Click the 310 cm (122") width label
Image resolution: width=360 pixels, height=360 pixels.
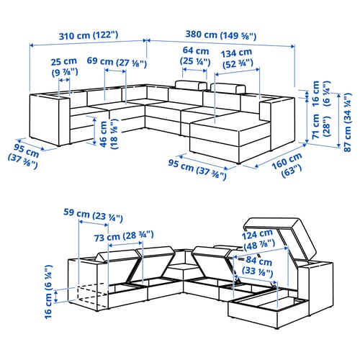(89, 35)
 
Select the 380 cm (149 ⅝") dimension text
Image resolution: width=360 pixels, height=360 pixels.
(221, 35)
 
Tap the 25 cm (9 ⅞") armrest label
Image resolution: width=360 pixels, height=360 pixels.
(64, 67)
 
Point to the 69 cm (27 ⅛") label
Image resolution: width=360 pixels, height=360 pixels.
(117, 62)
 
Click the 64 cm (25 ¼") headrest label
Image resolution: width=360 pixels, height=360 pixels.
(195, 56)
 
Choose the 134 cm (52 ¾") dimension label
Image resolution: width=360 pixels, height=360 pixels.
(237, 58)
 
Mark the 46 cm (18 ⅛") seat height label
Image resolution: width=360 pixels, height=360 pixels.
(109, 134)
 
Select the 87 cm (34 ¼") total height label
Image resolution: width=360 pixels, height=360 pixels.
(348, 122)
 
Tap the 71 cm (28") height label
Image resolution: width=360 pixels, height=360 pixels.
(321, 126)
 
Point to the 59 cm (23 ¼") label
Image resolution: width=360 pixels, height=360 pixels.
(93, 215)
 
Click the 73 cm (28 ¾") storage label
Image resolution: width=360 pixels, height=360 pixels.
(124, 236)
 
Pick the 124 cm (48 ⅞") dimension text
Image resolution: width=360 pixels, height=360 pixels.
(258, 239)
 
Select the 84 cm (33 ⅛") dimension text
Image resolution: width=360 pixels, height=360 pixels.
(258, 266)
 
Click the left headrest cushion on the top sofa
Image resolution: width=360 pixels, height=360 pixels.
(191, 85)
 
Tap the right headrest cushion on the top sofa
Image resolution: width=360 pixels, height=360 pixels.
(228, 89)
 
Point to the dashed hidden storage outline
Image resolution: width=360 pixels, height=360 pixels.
(91, 295)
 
